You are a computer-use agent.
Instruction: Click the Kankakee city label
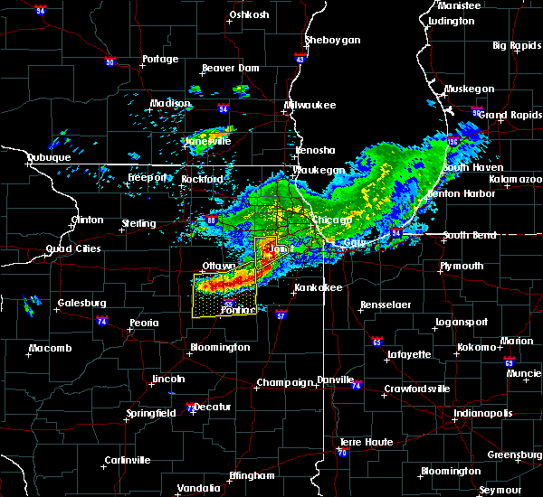317,288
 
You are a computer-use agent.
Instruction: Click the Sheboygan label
333,40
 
